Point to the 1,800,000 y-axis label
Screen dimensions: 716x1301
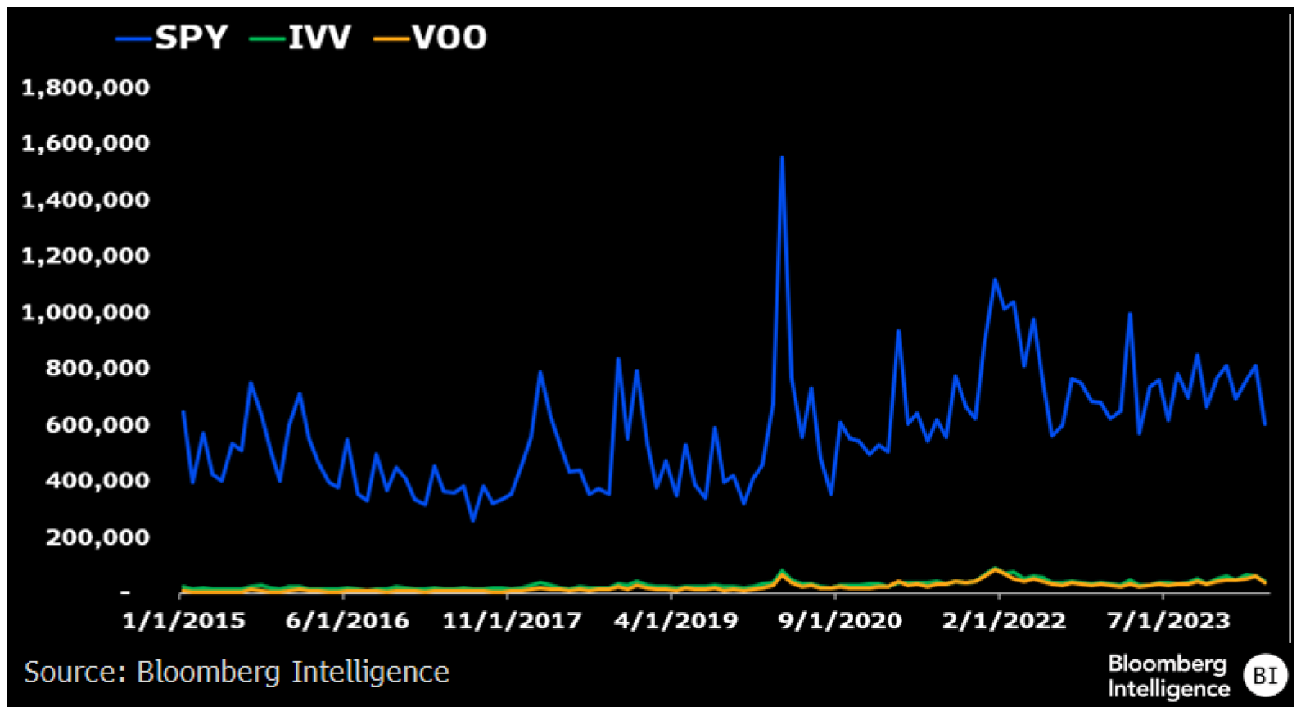[85, 88]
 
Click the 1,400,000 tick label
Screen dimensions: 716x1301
[85, 200]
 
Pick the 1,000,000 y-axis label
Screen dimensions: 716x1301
[85, 312]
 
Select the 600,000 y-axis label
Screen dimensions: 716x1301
[97, 424]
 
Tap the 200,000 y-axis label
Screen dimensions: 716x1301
[97, 537]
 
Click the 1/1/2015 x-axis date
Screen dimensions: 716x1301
[183, 621]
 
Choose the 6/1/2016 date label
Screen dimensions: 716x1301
[347, 621]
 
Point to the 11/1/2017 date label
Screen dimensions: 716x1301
[512, 621]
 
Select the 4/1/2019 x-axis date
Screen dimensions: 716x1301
[675, 621]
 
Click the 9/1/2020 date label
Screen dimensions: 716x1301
[840, 621]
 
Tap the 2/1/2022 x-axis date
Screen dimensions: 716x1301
[1004, 621]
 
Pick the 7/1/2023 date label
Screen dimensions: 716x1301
[1168, 621]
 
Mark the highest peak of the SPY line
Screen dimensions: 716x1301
[782, 158]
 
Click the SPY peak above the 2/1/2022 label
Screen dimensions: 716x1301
[995, 280]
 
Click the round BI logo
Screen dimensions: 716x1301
[1265, 675]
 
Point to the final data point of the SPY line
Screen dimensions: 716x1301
[1265, 424]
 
